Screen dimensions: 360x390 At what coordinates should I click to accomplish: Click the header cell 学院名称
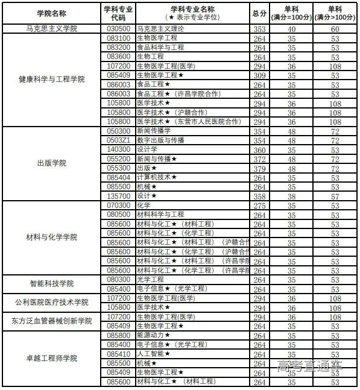tap(51, 13)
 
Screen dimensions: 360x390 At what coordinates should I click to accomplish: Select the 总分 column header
tap(259, 13)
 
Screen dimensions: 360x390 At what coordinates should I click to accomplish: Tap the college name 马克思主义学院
tap(51, 29)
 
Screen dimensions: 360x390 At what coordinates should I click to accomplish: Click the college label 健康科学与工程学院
tap(51, 80)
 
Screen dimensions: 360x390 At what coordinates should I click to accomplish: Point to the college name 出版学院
tap(51, 163)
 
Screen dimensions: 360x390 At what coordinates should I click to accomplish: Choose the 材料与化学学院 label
tap(51, 237)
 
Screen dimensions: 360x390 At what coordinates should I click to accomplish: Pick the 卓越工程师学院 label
tap(51, 358)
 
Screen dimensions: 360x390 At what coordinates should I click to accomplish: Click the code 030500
tap(119, 29)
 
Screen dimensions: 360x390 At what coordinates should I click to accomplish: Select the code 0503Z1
tap(119, 140)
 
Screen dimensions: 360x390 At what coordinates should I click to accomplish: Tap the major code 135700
tap(119, 196)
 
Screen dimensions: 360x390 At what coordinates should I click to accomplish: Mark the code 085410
tap(119, 354)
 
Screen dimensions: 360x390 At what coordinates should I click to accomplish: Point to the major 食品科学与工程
tap(160, 47)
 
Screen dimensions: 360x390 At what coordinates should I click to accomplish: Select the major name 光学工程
tap(150, 280)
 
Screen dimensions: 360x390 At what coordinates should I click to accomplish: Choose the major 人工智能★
tap(153, 354)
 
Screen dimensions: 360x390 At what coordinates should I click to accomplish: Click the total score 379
tap(259, 168)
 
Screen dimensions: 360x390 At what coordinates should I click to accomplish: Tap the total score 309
tap(259, 75)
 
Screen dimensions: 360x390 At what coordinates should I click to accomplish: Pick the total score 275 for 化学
tap(259, 206)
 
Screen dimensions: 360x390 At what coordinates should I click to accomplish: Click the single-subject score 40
tap(291, 29)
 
